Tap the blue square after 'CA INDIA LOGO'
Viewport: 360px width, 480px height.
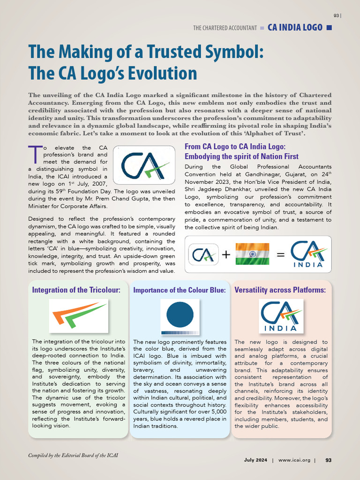[329, 28]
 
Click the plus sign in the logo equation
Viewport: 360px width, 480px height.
[226, 255]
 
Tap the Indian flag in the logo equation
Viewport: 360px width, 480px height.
[252, 254]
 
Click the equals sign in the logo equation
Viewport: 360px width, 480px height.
[280, 255]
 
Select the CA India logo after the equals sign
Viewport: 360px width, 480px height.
[308, 254]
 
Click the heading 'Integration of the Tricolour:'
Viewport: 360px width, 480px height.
[76, 290]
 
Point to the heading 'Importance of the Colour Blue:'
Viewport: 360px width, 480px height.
[180, 290]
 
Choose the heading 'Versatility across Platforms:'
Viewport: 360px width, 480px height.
[280, 290]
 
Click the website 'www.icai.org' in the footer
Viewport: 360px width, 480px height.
[294, 460]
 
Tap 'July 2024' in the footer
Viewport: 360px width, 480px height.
[255, 460]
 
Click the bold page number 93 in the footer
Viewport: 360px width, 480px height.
[328, 460]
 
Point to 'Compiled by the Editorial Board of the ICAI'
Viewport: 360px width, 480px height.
[74, 455]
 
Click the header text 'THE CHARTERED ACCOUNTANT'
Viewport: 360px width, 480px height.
[225, 28]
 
